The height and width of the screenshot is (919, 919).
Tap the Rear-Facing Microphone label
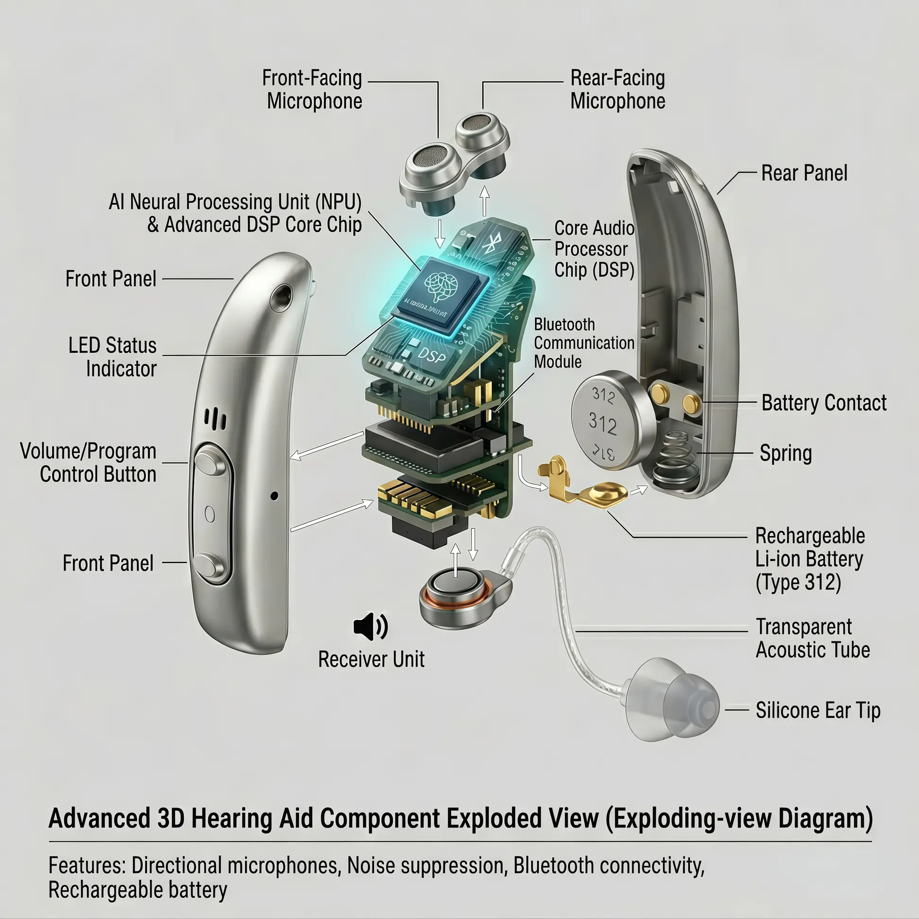(617, 89)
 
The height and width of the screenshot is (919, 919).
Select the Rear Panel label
(804, 173)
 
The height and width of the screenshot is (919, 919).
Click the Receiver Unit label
(371, 659)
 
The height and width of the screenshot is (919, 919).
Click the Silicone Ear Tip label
(817, 710)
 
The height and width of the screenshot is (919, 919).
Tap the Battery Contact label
(824, 403)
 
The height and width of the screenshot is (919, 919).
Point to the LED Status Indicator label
(113, 357)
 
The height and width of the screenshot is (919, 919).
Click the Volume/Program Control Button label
(89, 462)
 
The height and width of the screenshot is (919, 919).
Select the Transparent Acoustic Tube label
(812, 638)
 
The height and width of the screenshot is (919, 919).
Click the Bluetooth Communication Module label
(584, 342)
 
